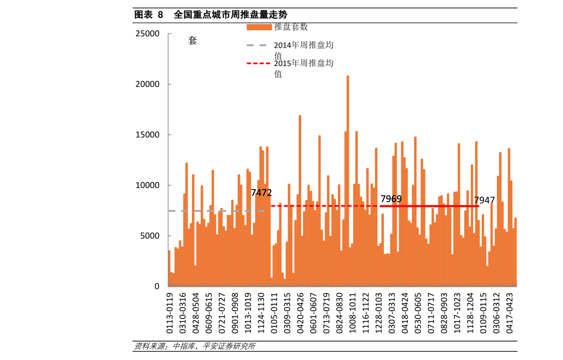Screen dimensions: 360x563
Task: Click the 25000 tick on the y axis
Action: (x=147, y=34)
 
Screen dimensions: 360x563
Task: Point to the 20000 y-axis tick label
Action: (x=147, y=84)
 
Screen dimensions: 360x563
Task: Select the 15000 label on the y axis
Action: (x=147, y=135)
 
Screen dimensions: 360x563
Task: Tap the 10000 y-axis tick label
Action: (x=147, y=185)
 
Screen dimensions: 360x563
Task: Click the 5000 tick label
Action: (x=149, y=236)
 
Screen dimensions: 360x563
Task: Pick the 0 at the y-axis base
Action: (x=157, y=286)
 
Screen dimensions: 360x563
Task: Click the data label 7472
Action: (x=261, y=193)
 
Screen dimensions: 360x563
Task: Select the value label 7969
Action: (x=391, y=199)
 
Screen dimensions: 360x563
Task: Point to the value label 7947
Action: (x=484, y=200)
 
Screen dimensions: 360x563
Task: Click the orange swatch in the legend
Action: (x=259, y=27)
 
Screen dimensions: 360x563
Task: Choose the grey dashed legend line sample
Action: (x=257, y=45)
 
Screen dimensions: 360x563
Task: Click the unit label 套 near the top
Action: (x=192, y=41)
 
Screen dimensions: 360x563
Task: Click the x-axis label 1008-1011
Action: (x=352, y=313)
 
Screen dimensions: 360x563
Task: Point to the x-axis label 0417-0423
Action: (x=510, y=313)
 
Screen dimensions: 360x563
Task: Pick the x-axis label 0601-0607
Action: (x=313, y=313)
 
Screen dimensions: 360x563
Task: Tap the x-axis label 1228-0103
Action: (x=379, y=313)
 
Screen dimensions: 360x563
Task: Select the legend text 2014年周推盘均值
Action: (x=303, y=50)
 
